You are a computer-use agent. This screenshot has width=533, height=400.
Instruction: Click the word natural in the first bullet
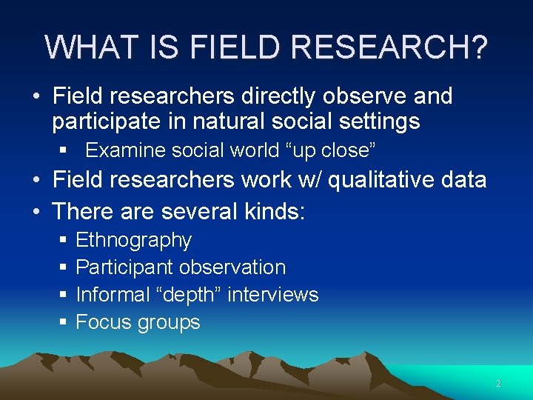click(225, 121)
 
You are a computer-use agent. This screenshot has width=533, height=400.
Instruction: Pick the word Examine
click(126, 150)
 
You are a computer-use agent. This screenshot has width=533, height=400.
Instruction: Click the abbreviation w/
click(304, 180)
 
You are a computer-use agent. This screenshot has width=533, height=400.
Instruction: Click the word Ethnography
click(134, 240)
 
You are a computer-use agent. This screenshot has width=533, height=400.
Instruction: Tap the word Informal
click(113, 295)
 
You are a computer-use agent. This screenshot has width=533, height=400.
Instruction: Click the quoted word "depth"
click(188, 295)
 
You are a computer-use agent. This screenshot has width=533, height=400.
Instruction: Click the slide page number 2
click(498, 384)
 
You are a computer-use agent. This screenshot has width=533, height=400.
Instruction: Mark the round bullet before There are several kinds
click(36, 211)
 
